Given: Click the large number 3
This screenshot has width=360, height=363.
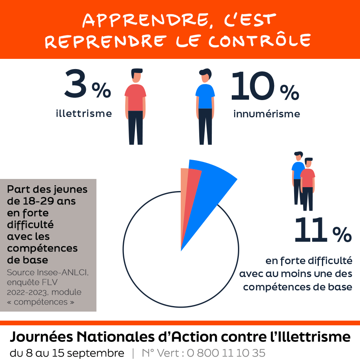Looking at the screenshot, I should (x=75, y=84).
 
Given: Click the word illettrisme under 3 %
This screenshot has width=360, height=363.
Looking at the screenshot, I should (x=84, y=114).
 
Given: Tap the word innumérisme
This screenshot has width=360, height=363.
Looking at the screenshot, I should (x=267, y=114).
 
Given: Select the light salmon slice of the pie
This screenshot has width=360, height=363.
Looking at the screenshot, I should (x=183, y=196).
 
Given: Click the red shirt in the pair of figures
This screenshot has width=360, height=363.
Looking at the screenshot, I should (x=308, y=178).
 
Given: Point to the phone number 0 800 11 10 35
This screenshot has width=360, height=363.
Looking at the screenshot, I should (x=226, y=353).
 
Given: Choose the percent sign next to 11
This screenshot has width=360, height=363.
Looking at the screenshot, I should (x=342, y=235).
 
